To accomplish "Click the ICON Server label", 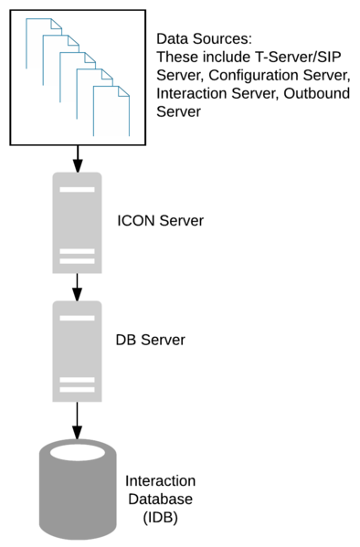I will point(160,221).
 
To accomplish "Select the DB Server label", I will point(150,340).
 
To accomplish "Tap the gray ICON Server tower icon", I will point(79,225).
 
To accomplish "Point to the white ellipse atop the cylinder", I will point(78,453).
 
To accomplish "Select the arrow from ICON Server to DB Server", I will point(78,287).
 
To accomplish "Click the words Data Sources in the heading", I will point(202,39).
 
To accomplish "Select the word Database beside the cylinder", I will point(159,499).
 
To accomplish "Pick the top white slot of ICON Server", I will point(79,189).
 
